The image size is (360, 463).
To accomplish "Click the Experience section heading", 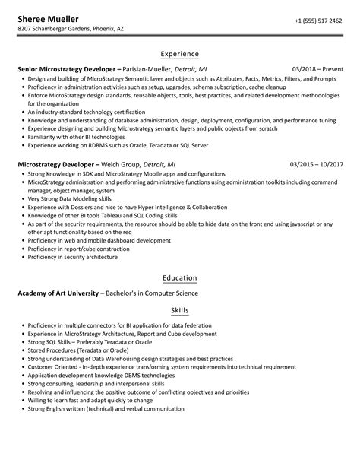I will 179,54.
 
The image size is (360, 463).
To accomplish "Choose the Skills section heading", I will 179,311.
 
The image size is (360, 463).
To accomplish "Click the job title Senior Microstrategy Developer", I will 67,68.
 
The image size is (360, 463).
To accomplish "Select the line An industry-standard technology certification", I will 83,112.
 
